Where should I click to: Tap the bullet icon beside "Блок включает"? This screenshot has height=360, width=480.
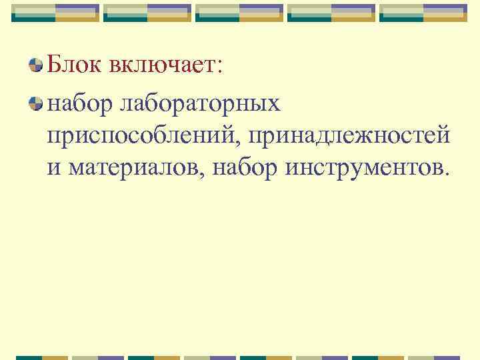tap(37, 65)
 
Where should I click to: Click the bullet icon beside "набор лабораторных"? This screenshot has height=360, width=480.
tap(37, 103)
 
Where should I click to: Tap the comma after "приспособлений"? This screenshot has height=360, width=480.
tap(243, 141)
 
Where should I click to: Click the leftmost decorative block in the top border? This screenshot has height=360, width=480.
tap(56, 12)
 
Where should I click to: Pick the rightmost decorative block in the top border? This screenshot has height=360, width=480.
tap(423, 12)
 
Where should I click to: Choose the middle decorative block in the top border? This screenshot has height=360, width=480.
tap(240, 12)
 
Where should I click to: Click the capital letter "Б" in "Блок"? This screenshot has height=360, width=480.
tap(54, 65)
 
